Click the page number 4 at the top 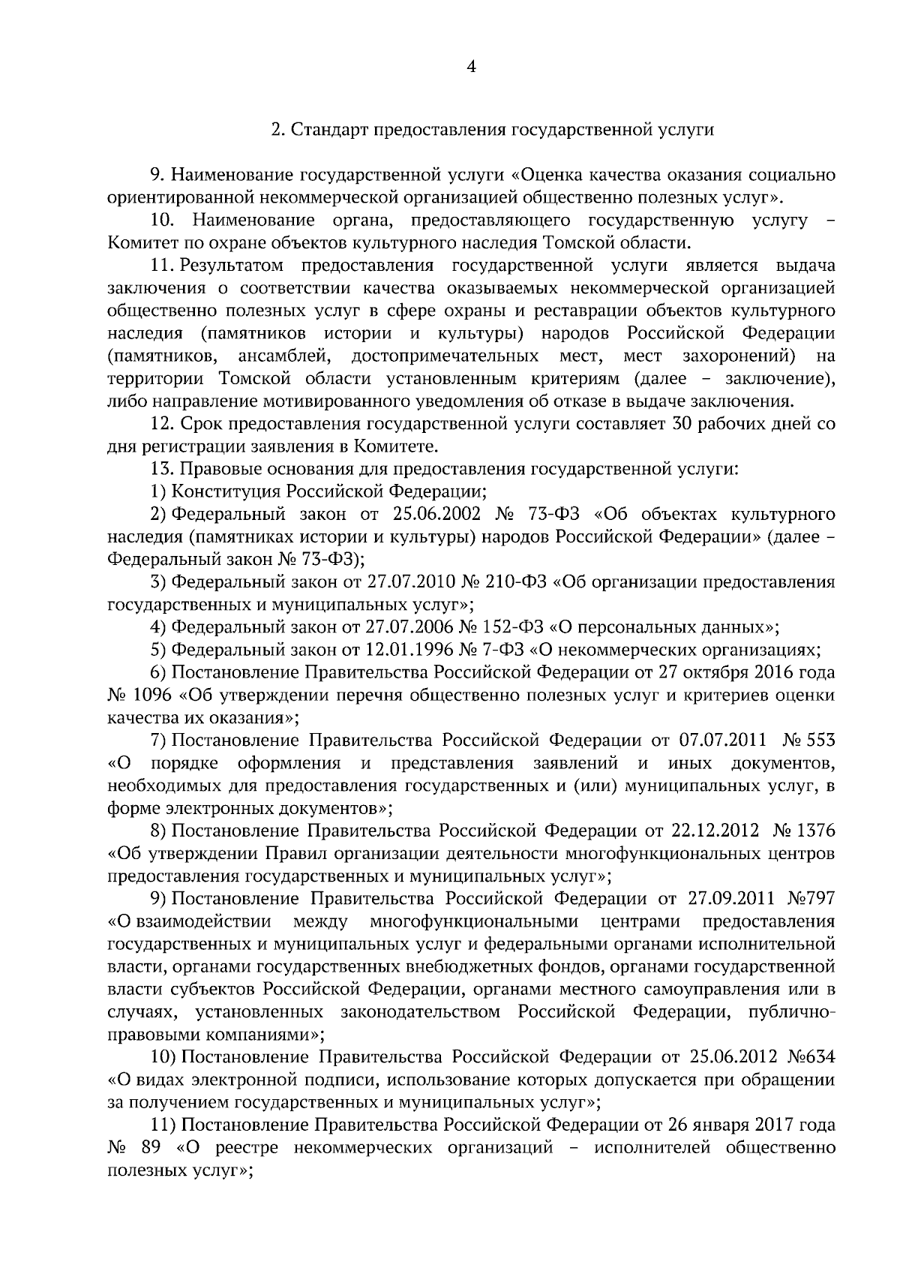point(471,67)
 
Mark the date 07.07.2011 point(723,741)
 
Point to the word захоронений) point(739,355)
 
